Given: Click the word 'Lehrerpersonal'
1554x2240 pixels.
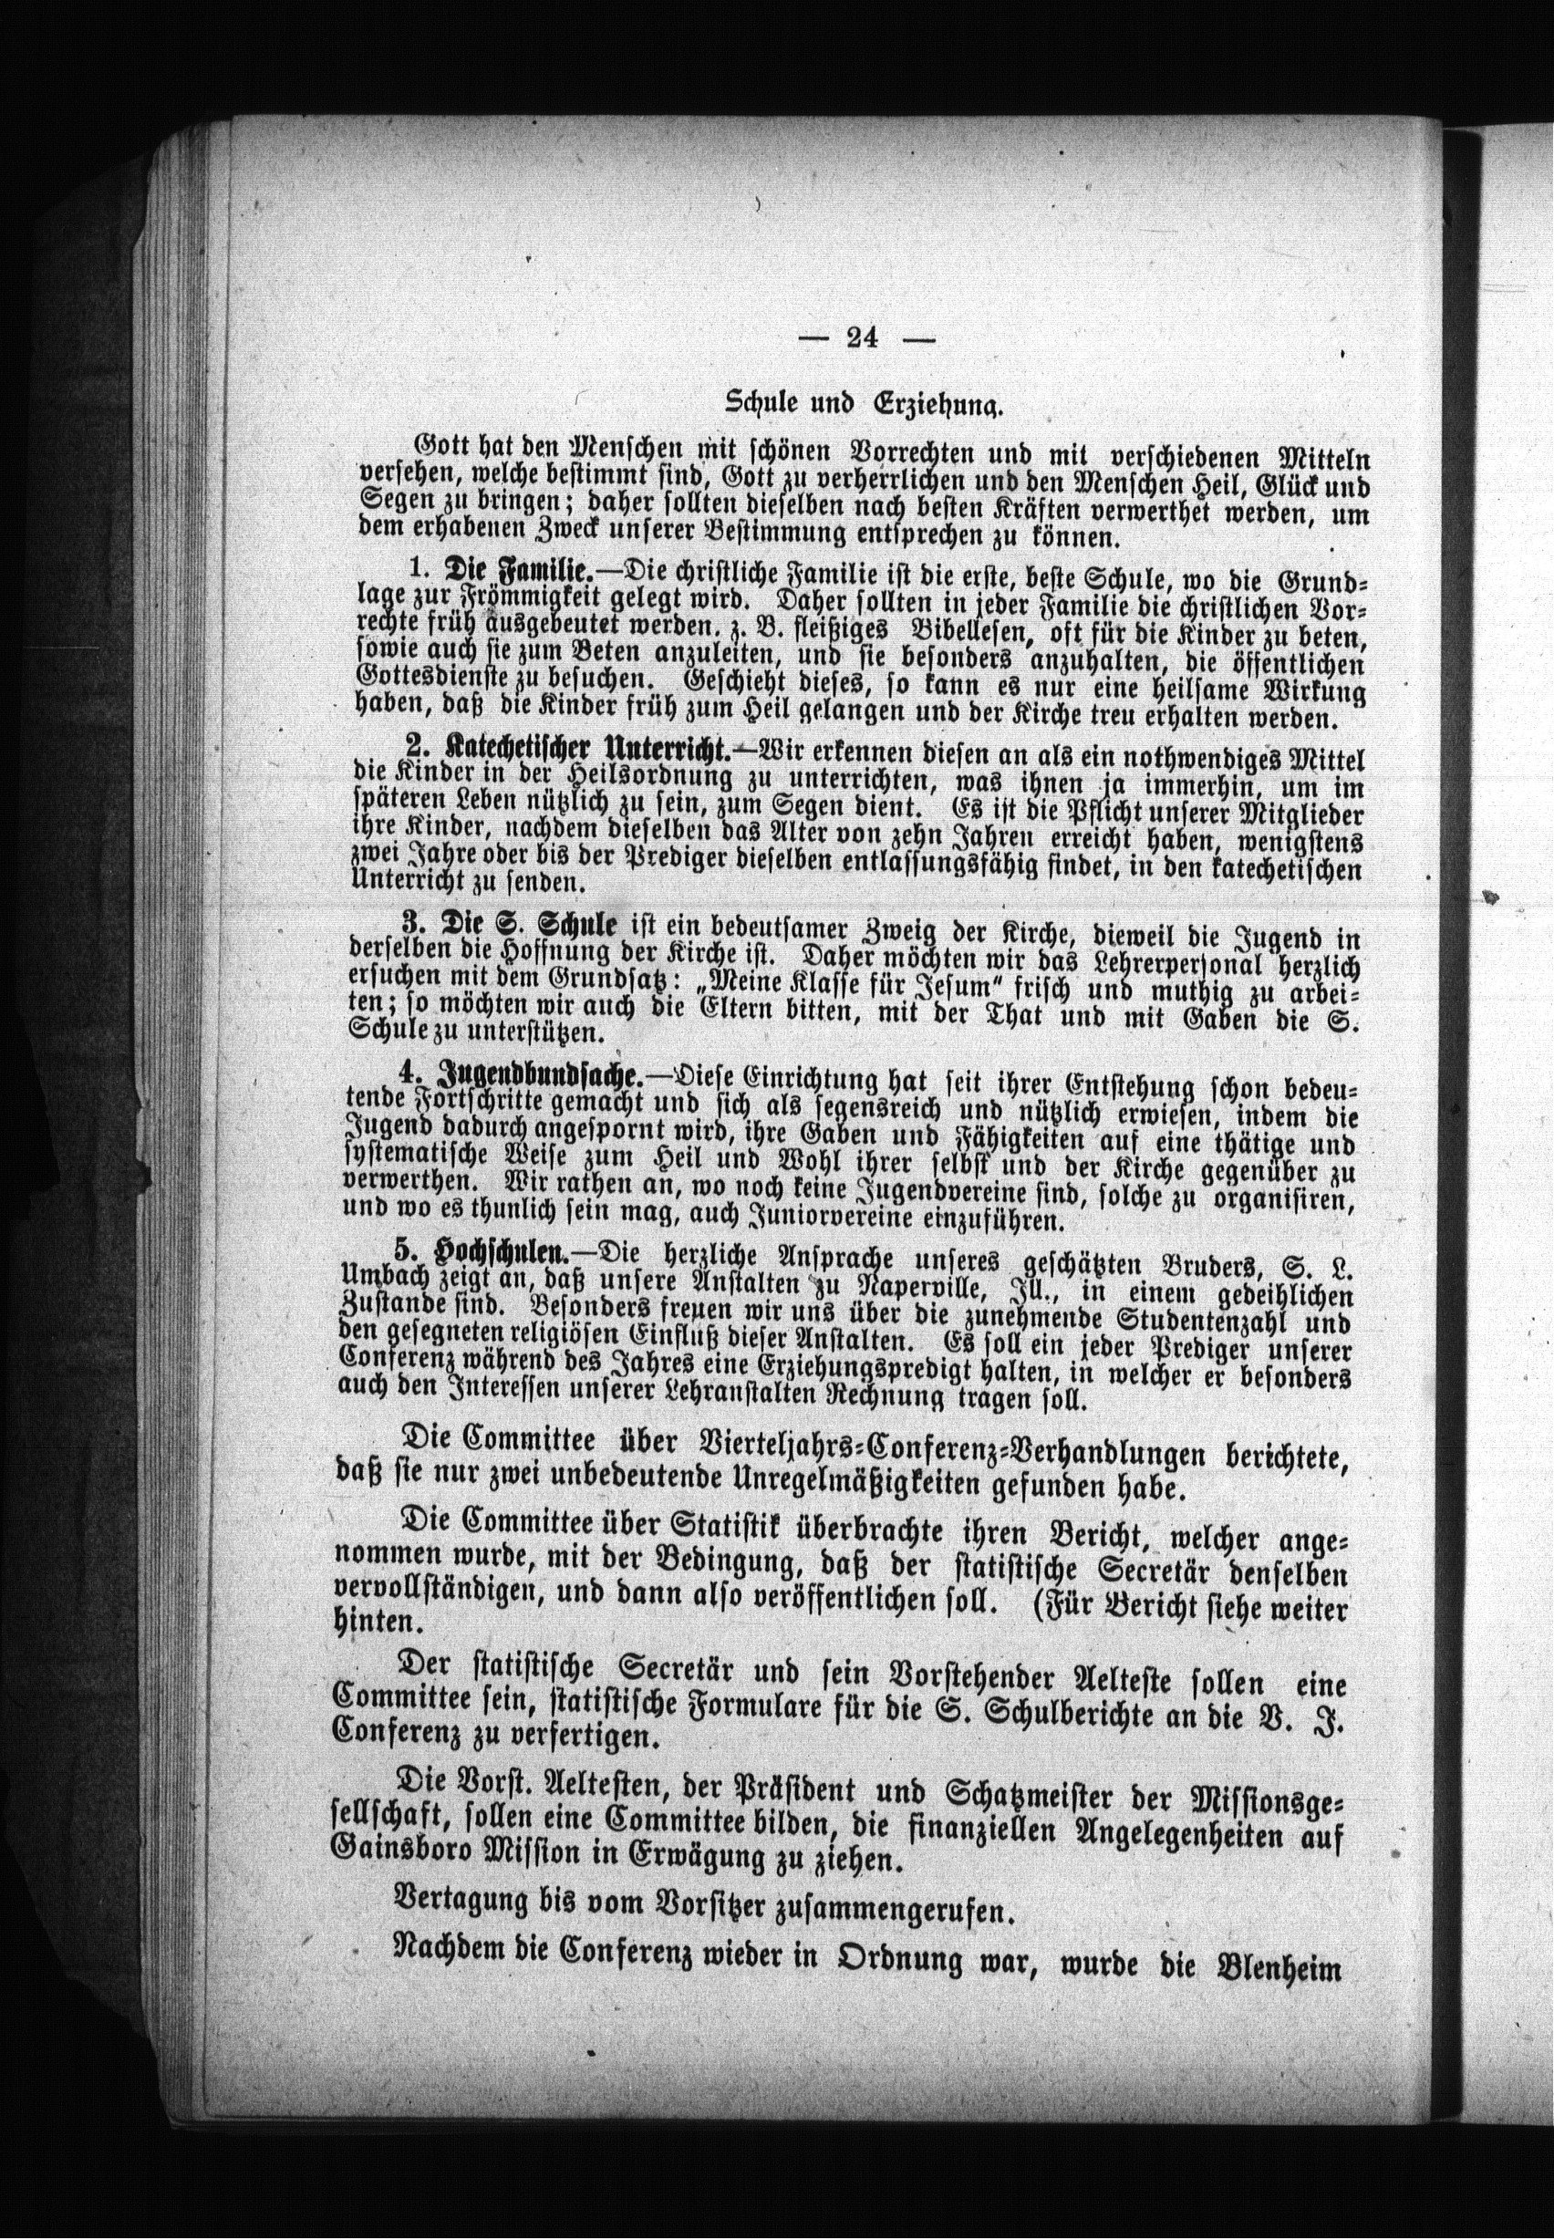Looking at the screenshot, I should pyautogui.click(x=1220, y=964).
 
